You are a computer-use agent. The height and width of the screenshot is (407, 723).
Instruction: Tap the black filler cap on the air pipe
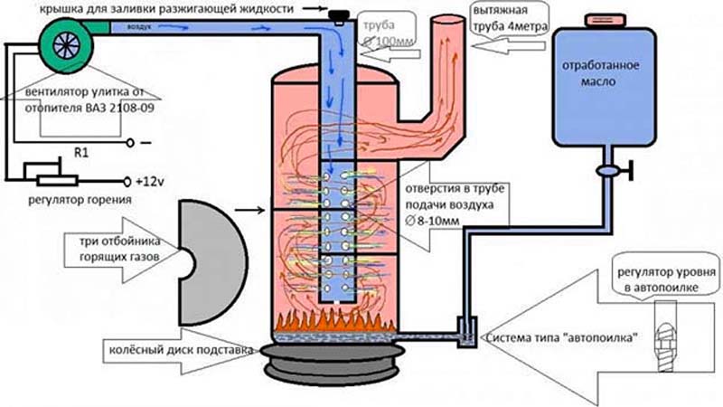pyautogui.click(x=340, y=15)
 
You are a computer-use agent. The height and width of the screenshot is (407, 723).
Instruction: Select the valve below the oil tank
pyautogui.click(x=606, y=168)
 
